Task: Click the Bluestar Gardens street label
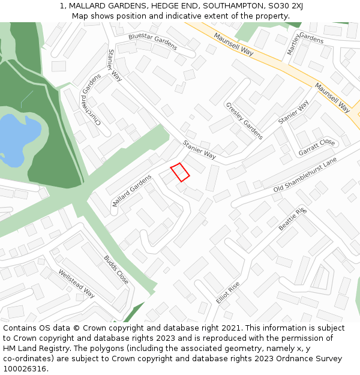tap(152, 41)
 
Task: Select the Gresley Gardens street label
tap(244, 121)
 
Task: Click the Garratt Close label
tap(316, 147)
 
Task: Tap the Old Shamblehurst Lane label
tap(305, 175)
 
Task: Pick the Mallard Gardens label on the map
tap(132, 191)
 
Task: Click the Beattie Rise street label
tap(292, 219)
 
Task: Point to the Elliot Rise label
tap(227, 292)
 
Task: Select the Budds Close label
tap(116, 270)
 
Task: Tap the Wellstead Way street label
tap(76, 283)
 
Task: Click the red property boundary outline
tap(180, 172)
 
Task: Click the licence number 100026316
tap(24, 368)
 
